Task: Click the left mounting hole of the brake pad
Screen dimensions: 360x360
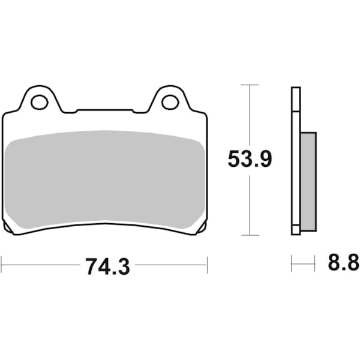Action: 40,102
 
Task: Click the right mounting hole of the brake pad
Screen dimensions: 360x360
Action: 170,102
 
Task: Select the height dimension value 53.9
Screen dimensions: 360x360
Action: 250,160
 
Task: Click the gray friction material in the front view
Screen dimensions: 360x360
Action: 105,180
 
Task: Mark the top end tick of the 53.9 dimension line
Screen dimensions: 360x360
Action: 250,85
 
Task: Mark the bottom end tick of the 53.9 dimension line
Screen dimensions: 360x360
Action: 250,235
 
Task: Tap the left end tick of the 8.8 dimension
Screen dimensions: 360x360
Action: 292,263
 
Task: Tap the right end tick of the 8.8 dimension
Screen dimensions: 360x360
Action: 314,263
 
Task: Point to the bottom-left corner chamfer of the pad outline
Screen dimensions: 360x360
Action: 8,229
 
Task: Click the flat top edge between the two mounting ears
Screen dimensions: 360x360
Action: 105,110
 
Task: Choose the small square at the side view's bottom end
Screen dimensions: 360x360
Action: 295,229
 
